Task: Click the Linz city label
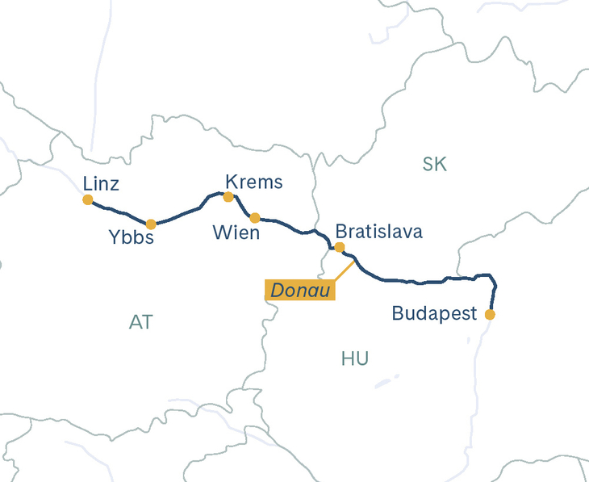(x=101, y=184)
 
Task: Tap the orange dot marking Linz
(x=88, y=199)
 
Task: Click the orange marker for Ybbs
(x=151, y=224)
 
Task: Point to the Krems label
(x=254, y=182)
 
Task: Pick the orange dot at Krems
(x=228, y=196)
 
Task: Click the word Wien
(x=236, y=233)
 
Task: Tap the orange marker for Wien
(x=255, y=218)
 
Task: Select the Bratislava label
(x=378, y=232)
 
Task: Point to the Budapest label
(x=435, y=313)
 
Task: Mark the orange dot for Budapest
(x=489, y=314)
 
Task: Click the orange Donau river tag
(x=299, y=290)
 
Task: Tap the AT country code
(x=140, y=322)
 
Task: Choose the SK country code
(x=434, y=165)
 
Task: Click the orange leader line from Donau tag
(x=344, y=271)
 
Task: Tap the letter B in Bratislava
(x=340, y=232)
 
